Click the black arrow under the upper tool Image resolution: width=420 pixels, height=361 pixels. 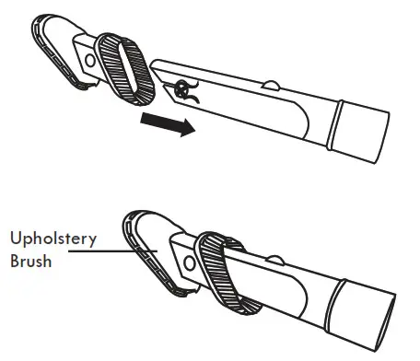[167, 124]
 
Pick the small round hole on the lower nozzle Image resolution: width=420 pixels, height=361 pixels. [188, 262]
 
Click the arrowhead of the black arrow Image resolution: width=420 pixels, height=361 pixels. [187, 130]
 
